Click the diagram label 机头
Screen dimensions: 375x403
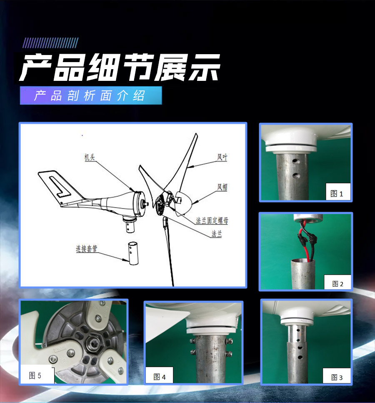(x=90, y=157)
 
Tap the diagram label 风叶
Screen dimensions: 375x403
(x=222, y=157)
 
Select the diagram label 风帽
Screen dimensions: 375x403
(x=222, y=187)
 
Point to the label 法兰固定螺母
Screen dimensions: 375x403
(x=212, y=220)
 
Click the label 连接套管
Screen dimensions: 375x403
(x=87, y=248)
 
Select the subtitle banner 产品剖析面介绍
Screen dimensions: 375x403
(x=91, y=95)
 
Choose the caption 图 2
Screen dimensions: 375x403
(x=338, y=283)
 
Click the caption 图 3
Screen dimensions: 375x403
(x=337, y=377)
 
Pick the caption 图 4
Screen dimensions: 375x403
(x=159, y=377)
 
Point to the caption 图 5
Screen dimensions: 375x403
(x=35, y=375)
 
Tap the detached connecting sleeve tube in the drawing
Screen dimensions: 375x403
(x=133, y=253)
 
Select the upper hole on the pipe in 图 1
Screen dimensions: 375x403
(x=296, y=161)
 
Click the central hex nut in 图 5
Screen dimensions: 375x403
(x=92, y=342)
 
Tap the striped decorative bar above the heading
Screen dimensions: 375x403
(x=50, y=43)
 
